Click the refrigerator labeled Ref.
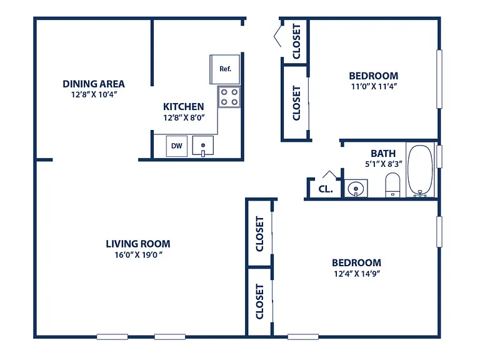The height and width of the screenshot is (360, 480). [x=225, y=69]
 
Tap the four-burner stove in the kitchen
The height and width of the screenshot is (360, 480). [x=229, y=97]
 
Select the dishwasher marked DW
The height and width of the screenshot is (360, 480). [x=177, y=146]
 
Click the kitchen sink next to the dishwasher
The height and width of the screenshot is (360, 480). [x=203, y=146]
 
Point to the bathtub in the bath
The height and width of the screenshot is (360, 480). [x=420, y=170]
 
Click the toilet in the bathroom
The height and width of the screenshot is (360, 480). [x=392, y=185]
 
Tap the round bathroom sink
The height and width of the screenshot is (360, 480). [x=356, y=188]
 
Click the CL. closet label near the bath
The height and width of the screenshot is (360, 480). [x=326, y=189]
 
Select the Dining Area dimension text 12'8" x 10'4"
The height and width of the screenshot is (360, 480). [x=94, y=94]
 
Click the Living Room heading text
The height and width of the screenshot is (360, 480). [x=138, y=244]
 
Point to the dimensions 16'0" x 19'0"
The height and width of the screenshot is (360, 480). [x=138, y=255]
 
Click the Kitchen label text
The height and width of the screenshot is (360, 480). [x=183, y=107]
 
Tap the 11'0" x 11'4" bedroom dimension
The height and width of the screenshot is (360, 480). [x=374, y=86]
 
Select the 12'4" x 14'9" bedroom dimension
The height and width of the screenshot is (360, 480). [x=357, y=274]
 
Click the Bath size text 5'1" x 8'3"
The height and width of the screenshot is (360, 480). [x=384, y=164]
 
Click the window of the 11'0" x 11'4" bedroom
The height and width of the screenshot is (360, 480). [x=439, y=79]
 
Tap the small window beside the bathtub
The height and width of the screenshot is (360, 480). [x=439, y=156]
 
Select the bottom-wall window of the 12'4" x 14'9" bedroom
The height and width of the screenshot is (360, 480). [x=303, y=337]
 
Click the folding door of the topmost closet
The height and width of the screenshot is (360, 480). [x=277, y=36]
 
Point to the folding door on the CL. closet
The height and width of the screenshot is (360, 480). [x=330, y=174]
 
